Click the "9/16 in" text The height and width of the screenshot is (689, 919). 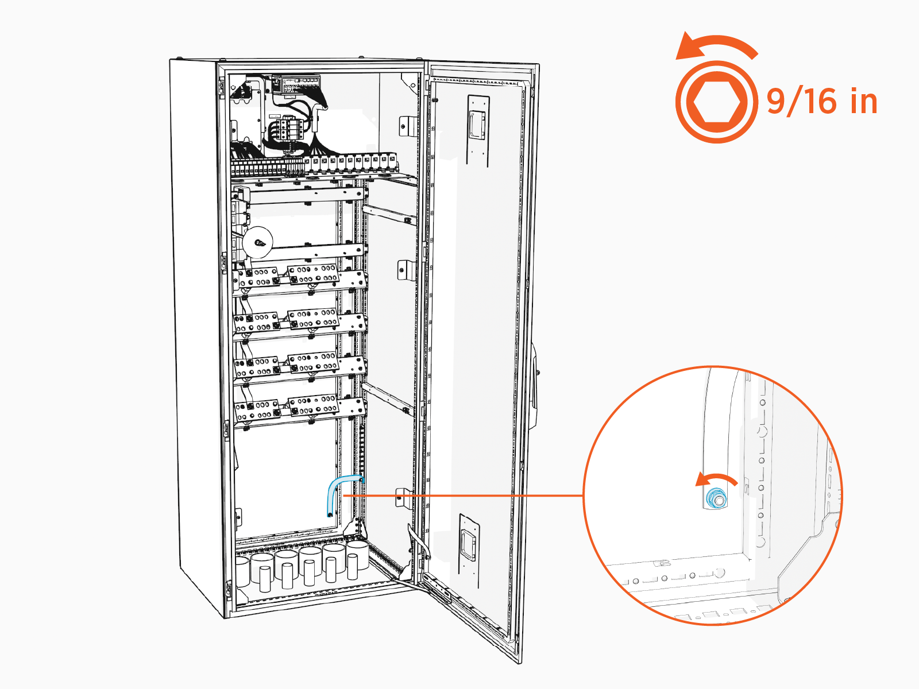pos(822,102)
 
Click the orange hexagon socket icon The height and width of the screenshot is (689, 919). pos(716,102)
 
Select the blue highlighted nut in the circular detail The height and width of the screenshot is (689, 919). pos(716,498)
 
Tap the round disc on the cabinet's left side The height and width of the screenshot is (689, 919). pos(257,242)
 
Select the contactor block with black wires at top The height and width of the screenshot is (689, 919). pos(287,129)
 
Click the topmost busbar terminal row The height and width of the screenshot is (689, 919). pos(299,276)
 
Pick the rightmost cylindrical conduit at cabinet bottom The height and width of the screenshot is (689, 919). pos(357,555)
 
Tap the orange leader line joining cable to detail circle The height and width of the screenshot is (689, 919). pos(459,495)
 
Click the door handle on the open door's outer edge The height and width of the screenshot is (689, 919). pos(535,385)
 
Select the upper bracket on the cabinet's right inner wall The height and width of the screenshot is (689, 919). pos(407,125)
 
